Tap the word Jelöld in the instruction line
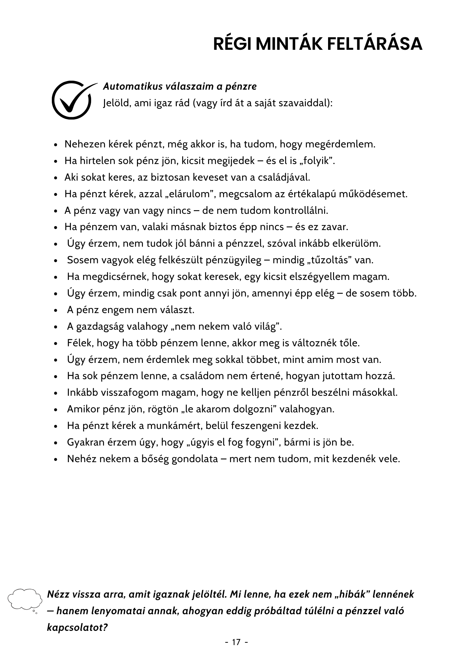point(114,103)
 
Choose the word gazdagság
point(100,327)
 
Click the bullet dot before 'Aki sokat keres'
point(56,178)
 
